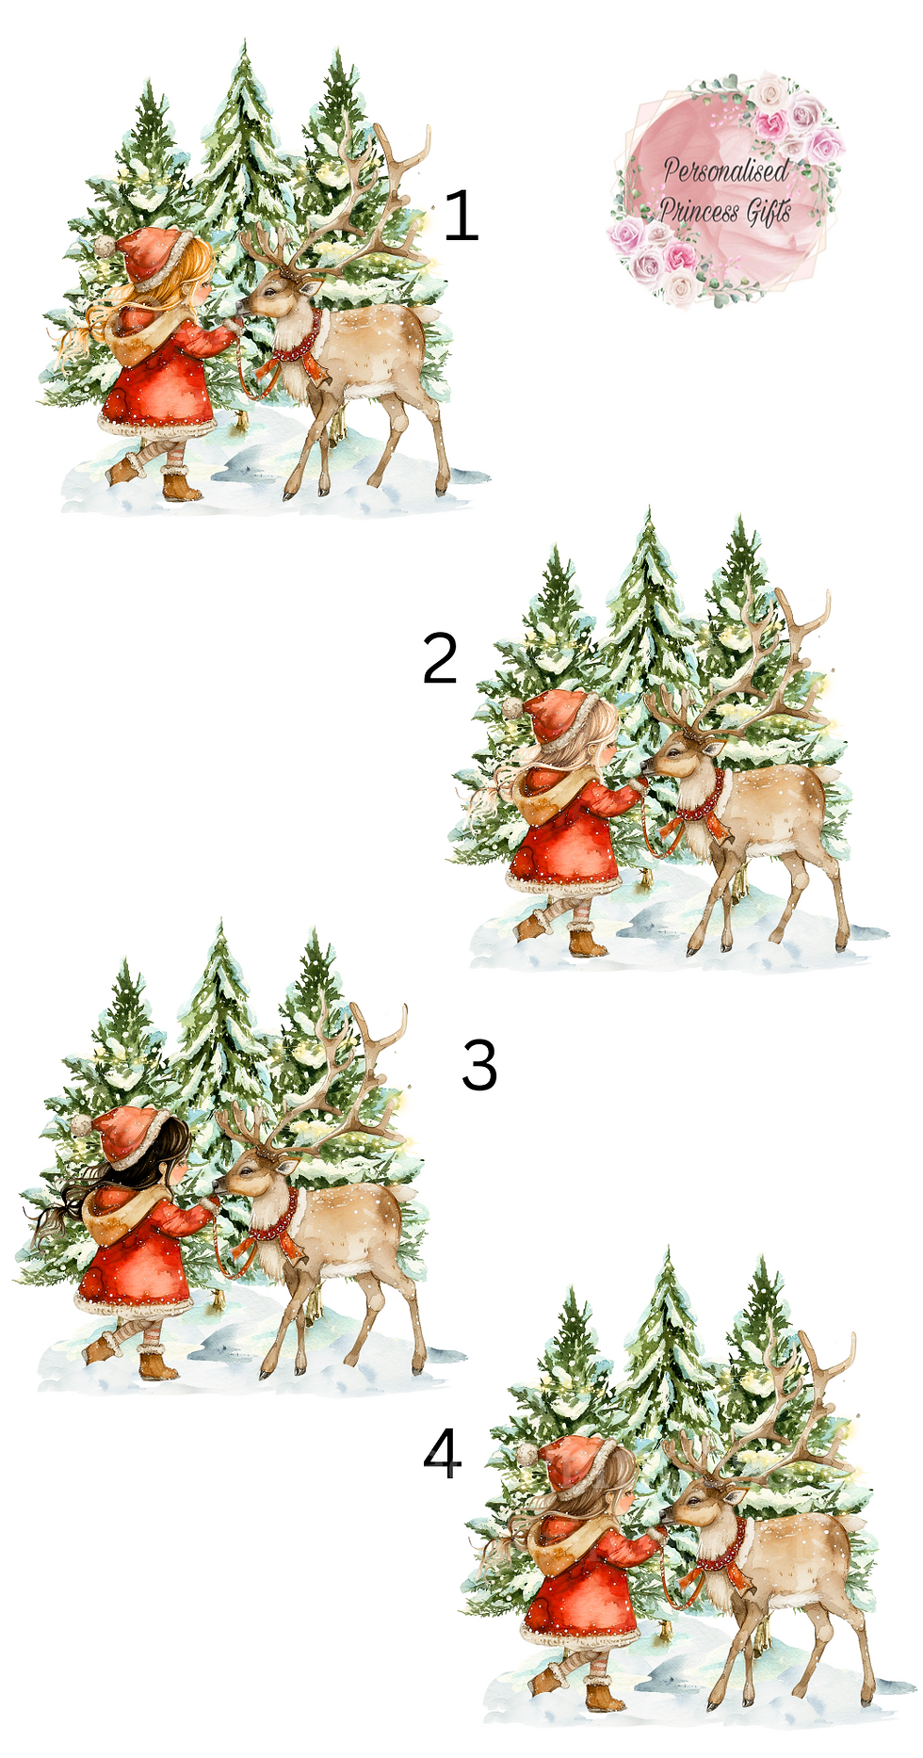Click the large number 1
pos(461,215)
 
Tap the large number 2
pos(440,658)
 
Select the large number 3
pos(479,1065)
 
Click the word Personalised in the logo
pos(725,170)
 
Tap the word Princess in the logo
pos(700,210)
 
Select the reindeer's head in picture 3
pos(250,1173)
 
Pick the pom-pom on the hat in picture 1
pos(103,246)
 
